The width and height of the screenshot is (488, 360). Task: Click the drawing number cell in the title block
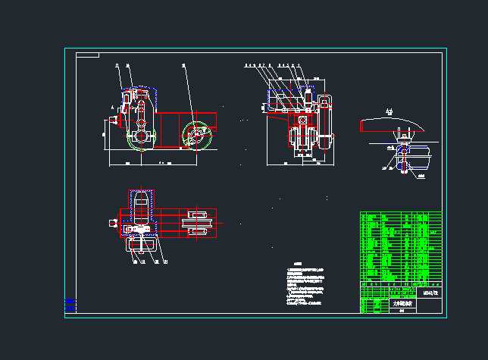(430, 291)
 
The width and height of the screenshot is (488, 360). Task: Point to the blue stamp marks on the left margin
(70, 305)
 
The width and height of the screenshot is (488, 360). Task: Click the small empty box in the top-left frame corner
(88, 55)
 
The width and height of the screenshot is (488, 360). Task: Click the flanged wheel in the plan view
(196, 223)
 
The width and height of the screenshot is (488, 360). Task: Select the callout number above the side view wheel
(184, 67)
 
